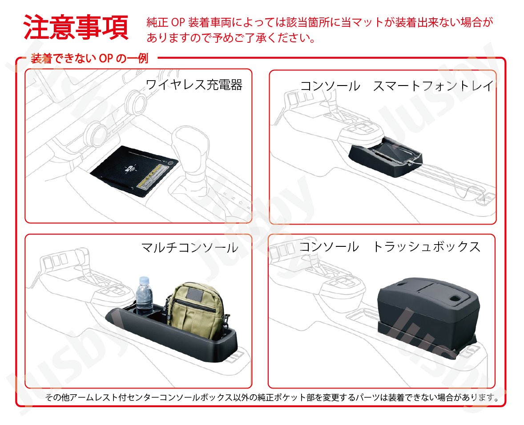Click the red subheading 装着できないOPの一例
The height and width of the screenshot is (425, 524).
89,58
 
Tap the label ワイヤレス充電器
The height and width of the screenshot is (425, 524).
194,85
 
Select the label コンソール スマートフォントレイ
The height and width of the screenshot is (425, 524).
397,86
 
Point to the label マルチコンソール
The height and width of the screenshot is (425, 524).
189,248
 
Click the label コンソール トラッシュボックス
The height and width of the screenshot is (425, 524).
389,247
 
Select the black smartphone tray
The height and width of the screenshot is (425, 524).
385,157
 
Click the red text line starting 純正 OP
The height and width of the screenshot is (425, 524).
319,22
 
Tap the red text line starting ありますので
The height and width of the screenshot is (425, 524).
230,38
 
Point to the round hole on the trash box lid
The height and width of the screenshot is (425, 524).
455,298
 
